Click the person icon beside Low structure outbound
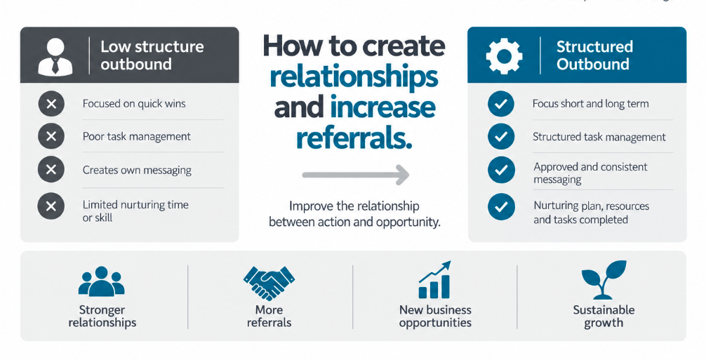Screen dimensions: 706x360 tap(55, 56)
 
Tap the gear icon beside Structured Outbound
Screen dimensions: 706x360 tap(505, 56)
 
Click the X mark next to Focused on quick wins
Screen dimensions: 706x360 tap(51, 104)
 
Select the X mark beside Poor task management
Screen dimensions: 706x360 tap(51, 136)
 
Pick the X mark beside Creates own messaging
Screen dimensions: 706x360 tap(51, 170)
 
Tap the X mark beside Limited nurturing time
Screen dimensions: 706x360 tap(51, 206)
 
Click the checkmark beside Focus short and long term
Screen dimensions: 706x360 tap(501, 104)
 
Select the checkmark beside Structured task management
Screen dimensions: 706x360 tap(501, 137)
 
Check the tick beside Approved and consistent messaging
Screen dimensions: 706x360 tap(501, 170)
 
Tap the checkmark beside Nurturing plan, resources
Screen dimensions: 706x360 tap(501, 207)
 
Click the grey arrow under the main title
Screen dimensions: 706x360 tap(355, 174)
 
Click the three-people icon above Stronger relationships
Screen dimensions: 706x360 tap(101, 281)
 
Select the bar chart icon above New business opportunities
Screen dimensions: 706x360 tap(434, 280)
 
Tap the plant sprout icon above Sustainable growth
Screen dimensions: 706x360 tap(604, 280)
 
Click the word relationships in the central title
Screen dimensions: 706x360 tap(354, 77)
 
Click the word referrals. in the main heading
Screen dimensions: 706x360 tap(354, 138)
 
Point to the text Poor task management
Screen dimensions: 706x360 tap(137, 137)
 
